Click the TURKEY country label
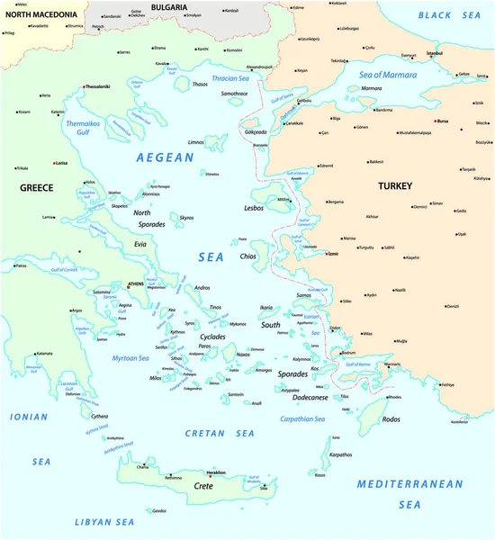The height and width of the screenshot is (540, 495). [394, 185]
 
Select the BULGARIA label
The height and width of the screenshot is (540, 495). [168, 7]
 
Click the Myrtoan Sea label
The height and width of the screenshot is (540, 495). [130, 358]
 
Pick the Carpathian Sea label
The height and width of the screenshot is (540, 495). [301, 418]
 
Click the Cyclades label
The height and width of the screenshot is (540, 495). [213, 336]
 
